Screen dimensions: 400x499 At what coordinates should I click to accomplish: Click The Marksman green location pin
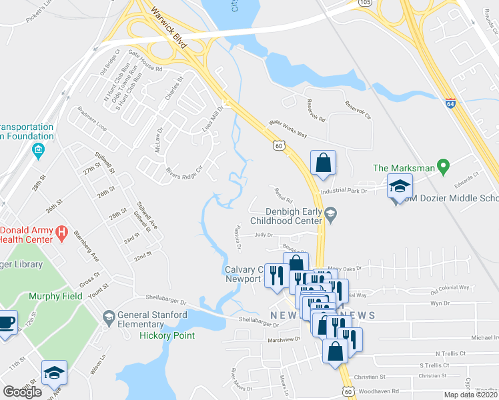pyautogui.click(x=441, y=166)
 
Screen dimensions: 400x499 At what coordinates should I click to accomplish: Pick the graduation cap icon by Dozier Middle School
pyautogui.click(x=400, y=188)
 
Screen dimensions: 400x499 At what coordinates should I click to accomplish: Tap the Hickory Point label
pyautogui.click(x=167, y=335)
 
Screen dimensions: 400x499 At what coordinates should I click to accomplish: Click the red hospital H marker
pyautogui.click(x=61, y=234)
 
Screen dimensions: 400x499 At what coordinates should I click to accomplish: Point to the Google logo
pyautogui.click(x=23, y=392)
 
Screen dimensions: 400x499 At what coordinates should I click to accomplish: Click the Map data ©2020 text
pyautogui.click(x=471, y=395)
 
